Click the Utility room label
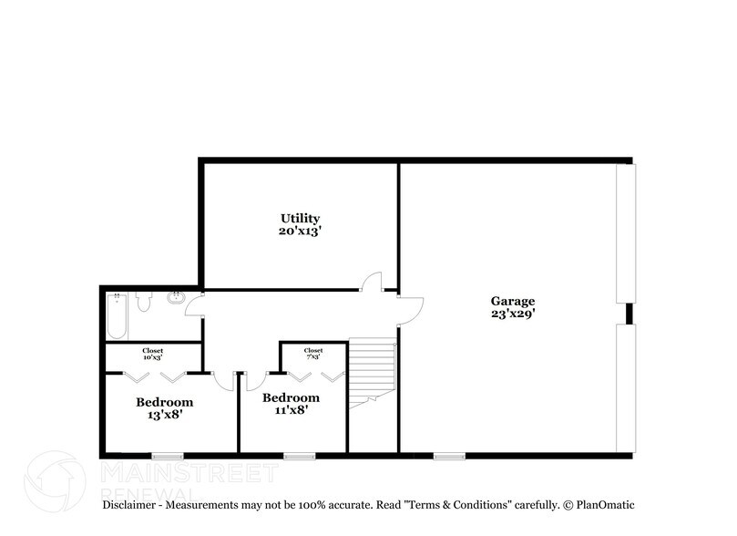[x=300, y=225]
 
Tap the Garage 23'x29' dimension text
[x=513, y=314]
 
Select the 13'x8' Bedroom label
[x=165, y=408]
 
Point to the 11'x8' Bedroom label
[x=291, y=404]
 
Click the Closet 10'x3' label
[x=153, y=354]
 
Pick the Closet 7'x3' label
[x=313, y=354]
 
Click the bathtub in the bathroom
[x=117, y=316]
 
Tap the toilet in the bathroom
[x=143, y=302]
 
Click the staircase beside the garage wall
[x=372, y=373]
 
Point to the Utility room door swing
[x=372, y=282]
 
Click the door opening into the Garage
[x=411, y=311]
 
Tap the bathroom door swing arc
[x=194, y=306]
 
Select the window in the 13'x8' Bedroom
[x=168, y=456]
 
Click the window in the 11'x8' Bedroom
[x=300, y=456]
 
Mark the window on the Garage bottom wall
[x=449, y=456]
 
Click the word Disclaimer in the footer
[x=128, y=505]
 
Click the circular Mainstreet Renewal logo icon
[x=55, y=481]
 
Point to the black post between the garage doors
[x=630, y=314]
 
